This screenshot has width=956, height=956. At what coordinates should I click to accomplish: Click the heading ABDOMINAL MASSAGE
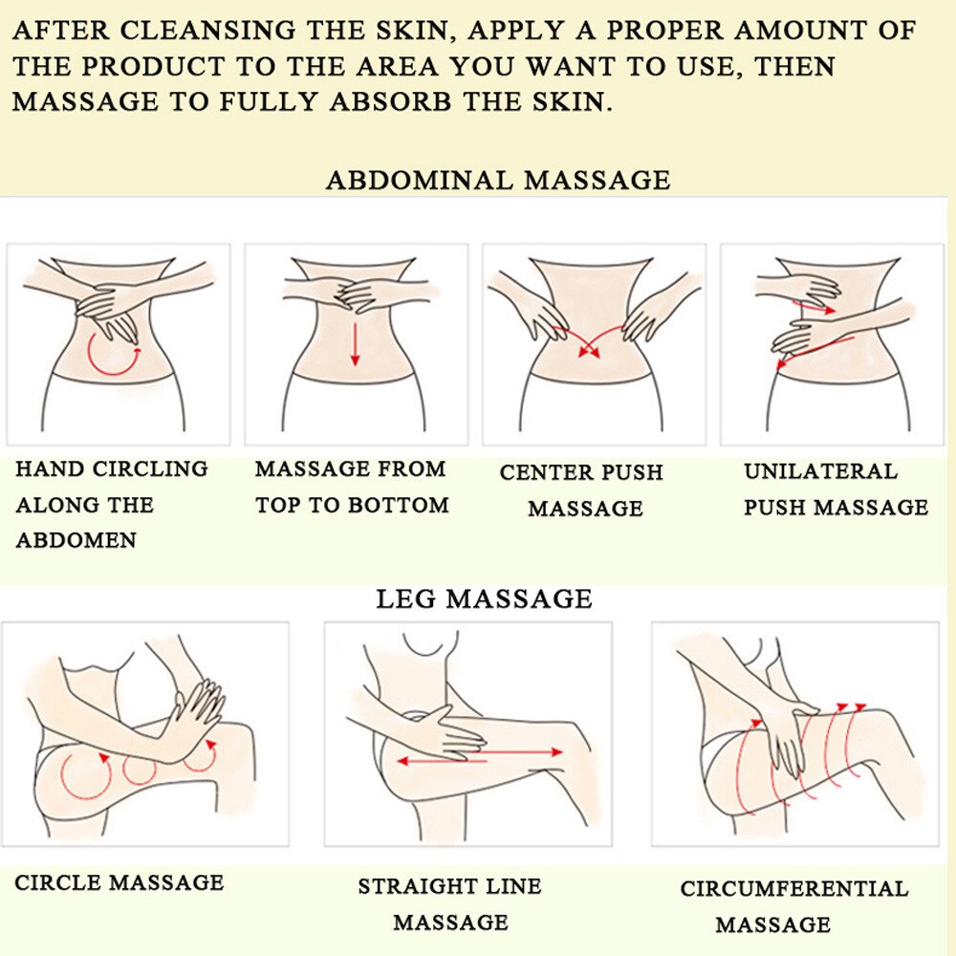click(x=498, y=180)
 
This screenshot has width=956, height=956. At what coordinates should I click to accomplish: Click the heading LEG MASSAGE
click(x=484, y=599)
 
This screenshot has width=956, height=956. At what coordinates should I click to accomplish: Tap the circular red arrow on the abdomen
click(x=113, y=354)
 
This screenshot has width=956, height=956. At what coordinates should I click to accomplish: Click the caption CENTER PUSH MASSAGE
click(x=581, y=490)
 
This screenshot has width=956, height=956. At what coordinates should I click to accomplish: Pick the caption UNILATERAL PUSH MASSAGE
click(x=836, y=489)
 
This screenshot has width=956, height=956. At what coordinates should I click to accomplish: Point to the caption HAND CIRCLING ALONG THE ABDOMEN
click(x=111, y=504)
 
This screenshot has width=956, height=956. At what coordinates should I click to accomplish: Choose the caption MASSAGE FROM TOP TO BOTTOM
click(x=351, y=487)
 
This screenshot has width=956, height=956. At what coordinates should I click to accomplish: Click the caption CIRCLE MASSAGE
click(x=119, y=881)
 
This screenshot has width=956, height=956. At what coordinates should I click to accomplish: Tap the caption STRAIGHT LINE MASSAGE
click(x=449, y=903)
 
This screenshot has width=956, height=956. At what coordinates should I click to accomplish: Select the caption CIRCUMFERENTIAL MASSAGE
click(x=793, y=905)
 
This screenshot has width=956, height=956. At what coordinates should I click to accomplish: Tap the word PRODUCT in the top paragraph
click(x=163, y=67)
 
